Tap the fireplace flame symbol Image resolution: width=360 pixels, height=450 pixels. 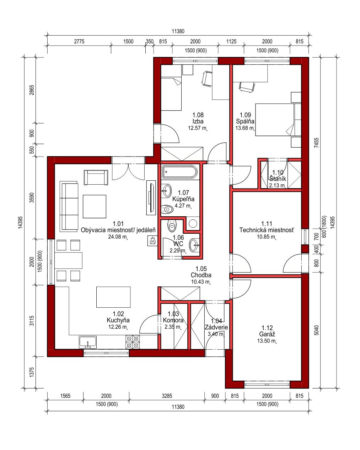point(152,240)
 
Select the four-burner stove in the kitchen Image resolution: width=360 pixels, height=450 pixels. point(133,342)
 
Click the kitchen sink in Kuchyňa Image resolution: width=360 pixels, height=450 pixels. point(88,342)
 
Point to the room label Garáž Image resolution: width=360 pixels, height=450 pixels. point(267,334)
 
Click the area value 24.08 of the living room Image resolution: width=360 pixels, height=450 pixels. point(115,237)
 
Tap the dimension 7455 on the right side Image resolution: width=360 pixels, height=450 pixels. point(317,143)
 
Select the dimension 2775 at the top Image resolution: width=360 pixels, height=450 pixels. point(79,41)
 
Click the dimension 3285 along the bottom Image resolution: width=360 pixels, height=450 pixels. point(167,396)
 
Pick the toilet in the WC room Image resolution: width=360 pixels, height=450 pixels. point(172,226)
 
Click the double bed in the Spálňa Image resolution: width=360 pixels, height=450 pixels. point(278,120)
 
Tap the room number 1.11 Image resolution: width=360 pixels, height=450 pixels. point(267,223)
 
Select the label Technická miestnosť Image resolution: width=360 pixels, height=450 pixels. point(267,230)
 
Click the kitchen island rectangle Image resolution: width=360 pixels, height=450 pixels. point(113,297)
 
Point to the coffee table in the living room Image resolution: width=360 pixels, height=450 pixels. point(95,207)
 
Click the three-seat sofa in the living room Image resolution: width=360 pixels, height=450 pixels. point(69,206)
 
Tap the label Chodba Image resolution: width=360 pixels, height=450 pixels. point(201,275)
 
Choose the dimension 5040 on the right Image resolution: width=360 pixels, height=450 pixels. point(317,330)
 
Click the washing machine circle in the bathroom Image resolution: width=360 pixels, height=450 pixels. point(193,223)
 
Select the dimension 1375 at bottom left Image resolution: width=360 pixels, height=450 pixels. point(32,372)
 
